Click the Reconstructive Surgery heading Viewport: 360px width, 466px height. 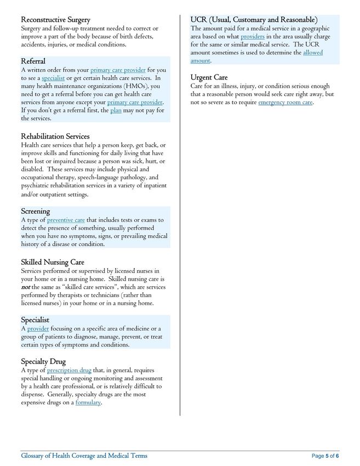tap(55, 20)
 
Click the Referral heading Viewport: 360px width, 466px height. tap(33, 61)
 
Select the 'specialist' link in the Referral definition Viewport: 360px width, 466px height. tap(53, 78)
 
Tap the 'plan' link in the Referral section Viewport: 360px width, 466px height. tap(116, 110)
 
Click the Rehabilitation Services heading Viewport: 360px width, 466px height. tap(55, 136)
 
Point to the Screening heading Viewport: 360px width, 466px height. tap(35, 211)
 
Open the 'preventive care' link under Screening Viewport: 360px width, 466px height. tap(66, 220)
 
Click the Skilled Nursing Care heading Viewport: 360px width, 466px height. tap(52, 262)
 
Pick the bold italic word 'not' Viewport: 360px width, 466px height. tap(25, 287)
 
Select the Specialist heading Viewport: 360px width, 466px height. tap(35, 320)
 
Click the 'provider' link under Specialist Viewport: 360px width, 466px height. tap(38, 328)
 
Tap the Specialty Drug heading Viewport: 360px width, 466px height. tap(43, 361)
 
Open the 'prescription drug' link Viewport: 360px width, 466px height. tap(69, 370)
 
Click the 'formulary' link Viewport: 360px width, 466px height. tap(88, 402)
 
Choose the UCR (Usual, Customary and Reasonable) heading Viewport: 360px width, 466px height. tap(254, 20)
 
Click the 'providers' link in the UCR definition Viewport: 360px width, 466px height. tap(253, 36)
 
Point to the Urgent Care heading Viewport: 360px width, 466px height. tap(209, 77)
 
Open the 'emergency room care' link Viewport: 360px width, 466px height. tap(285, 102)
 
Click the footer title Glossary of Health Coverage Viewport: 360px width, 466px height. tap(84, 456)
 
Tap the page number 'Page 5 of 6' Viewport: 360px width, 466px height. tap(325, 456)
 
